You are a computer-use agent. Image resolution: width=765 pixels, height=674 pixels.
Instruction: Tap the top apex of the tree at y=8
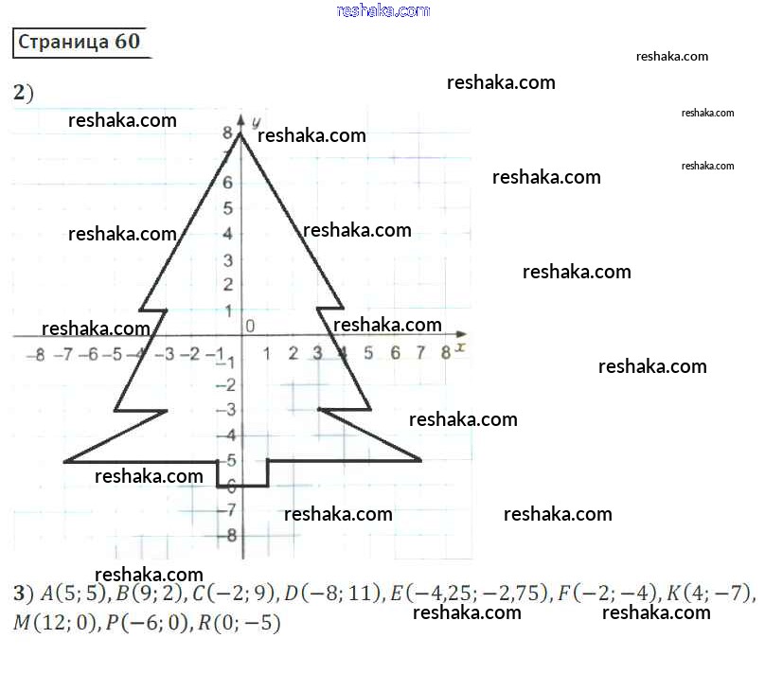tap(240, 133)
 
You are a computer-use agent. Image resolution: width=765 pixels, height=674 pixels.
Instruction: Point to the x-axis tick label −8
tap(35, 355)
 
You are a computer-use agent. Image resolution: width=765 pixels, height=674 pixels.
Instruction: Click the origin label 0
tap(250, 326)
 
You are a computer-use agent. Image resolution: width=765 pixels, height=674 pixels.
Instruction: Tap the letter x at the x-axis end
tap(460, 348)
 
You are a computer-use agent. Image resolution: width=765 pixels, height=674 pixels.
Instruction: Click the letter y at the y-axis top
tap(256, 120)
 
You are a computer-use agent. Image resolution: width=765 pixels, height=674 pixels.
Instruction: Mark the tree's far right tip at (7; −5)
tap(420, 460)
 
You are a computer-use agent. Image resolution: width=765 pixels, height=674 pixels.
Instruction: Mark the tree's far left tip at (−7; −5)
tap(64, 461)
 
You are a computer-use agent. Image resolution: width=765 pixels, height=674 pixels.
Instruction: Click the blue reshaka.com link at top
tap(382, 10)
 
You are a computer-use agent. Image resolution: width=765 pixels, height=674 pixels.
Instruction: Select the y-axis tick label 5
tap(228, 208)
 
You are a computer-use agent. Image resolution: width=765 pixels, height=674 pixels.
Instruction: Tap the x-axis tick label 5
tap(368, 354)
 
